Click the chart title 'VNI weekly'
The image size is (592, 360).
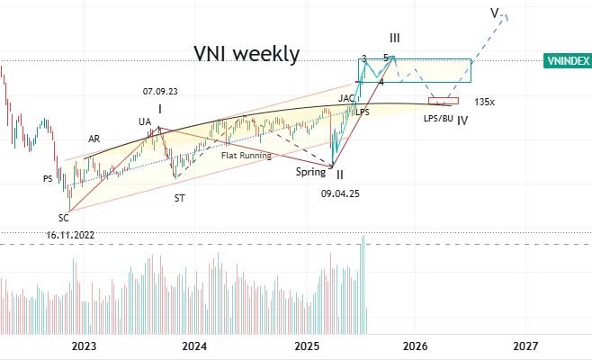[x=247, y=54]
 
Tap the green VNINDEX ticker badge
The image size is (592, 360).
[x=568, y=60]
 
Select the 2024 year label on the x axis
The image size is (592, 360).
[x=194, y=346]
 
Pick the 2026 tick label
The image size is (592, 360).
[x=415, y=346]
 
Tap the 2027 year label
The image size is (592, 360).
[x=525, y=346]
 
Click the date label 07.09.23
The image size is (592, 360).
[x=160, y=91]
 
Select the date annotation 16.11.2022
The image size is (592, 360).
[x=71, y=235]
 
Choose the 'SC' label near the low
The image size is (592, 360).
[x=64, y=217]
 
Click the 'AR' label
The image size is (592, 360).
[x=94, y=139]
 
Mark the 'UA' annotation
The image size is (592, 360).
[x=145, y=121]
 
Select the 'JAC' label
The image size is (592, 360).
[x=346, y=98]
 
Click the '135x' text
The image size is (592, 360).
[x=485, y=102]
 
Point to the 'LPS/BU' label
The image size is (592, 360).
[x=438, y=118]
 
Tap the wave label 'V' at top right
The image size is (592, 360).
[x=495, y=13]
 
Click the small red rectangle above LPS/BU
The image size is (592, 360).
[x=444, y=100]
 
